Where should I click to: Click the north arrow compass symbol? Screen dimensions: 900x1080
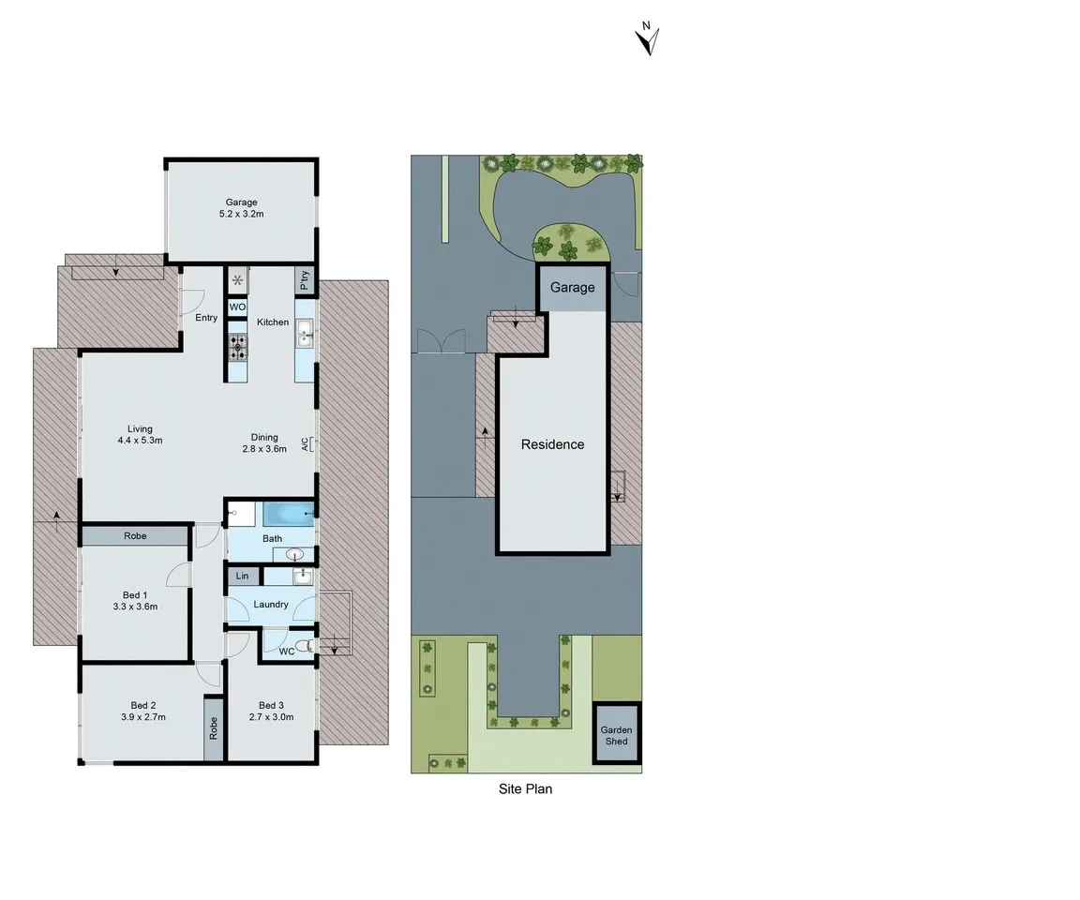(647, 40)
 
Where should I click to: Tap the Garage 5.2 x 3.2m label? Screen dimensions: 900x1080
(241, 208)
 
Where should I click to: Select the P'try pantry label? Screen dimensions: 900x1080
(305, 281)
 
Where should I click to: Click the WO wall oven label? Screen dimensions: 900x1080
(237, 307)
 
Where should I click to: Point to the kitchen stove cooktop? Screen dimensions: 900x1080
(237, 349)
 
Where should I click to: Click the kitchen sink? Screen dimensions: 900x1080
(305, 332)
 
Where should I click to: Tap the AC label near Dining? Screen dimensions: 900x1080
(306, 444)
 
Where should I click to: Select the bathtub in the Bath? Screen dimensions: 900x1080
(288, 514)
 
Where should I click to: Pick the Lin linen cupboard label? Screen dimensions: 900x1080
(242, 576)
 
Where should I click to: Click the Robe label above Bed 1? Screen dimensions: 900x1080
(134, 537)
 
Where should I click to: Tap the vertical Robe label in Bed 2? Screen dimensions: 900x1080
(214, 728)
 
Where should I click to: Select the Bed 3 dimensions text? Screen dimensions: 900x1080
(270, 717)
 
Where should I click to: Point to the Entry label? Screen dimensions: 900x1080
(206, 318)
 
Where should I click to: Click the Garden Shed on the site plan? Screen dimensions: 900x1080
(617, 735)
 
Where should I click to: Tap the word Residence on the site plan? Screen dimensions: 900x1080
(552, 444)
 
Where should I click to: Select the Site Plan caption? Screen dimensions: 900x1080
(525, 789)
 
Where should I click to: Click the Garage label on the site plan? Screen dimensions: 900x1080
(572, 288)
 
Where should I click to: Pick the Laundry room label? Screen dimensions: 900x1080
(271, 605)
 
